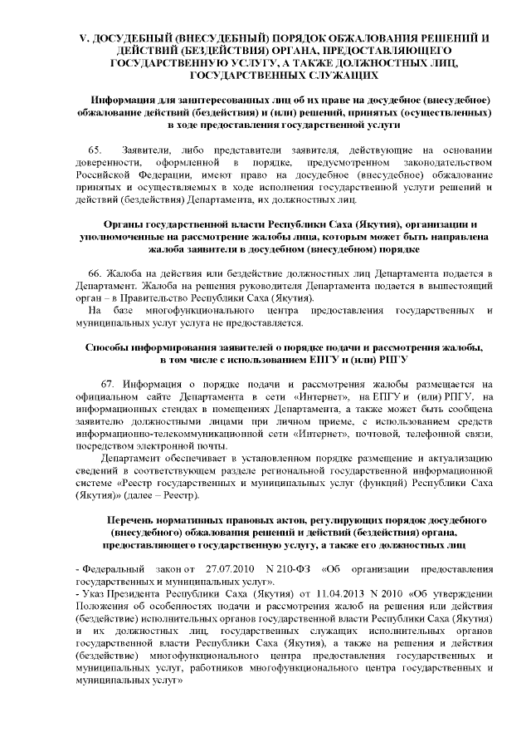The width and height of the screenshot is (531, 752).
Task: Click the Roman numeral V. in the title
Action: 83,39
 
